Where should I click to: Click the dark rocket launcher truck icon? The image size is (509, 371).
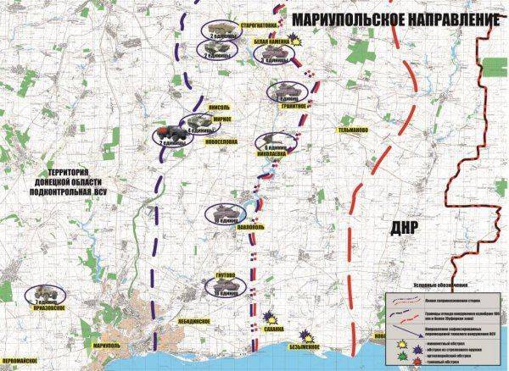168,133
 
